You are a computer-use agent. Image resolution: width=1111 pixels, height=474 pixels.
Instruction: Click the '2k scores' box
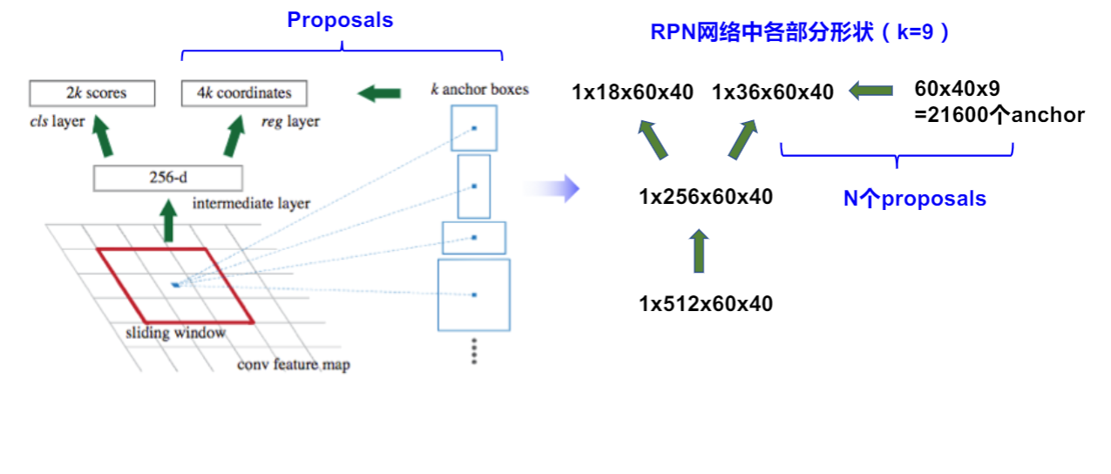91,93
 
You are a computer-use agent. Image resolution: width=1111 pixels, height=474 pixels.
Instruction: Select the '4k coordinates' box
249,93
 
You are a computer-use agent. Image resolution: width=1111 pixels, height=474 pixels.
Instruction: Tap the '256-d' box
167,179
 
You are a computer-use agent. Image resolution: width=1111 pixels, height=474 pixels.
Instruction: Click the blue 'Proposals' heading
340,20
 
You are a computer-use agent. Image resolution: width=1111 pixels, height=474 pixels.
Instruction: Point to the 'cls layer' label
57,121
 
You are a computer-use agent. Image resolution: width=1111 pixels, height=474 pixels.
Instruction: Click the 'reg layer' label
290,121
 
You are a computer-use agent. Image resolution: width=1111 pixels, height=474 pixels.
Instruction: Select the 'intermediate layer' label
251,204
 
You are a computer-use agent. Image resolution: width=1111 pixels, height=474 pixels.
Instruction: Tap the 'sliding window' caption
175,333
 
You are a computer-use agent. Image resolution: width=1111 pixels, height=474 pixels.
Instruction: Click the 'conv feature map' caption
293,364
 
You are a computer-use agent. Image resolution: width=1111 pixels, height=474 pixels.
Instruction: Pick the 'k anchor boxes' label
479,89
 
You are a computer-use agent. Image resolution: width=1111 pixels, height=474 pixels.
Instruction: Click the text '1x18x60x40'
633,91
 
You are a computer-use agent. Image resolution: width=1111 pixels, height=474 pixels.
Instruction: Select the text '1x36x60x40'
772,91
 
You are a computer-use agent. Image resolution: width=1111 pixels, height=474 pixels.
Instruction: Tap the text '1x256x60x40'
705,197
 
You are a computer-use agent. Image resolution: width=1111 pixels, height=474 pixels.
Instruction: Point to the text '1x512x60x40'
705,304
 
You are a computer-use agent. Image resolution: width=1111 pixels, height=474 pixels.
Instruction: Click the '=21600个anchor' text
999,114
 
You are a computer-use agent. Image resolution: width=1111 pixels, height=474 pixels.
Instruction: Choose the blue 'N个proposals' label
914,199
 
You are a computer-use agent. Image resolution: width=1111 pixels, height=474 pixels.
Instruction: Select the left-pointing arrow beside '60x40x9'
871,90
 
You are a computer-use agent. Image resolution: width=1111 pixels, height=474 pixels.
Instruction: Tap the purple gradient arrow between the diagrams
552,187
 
